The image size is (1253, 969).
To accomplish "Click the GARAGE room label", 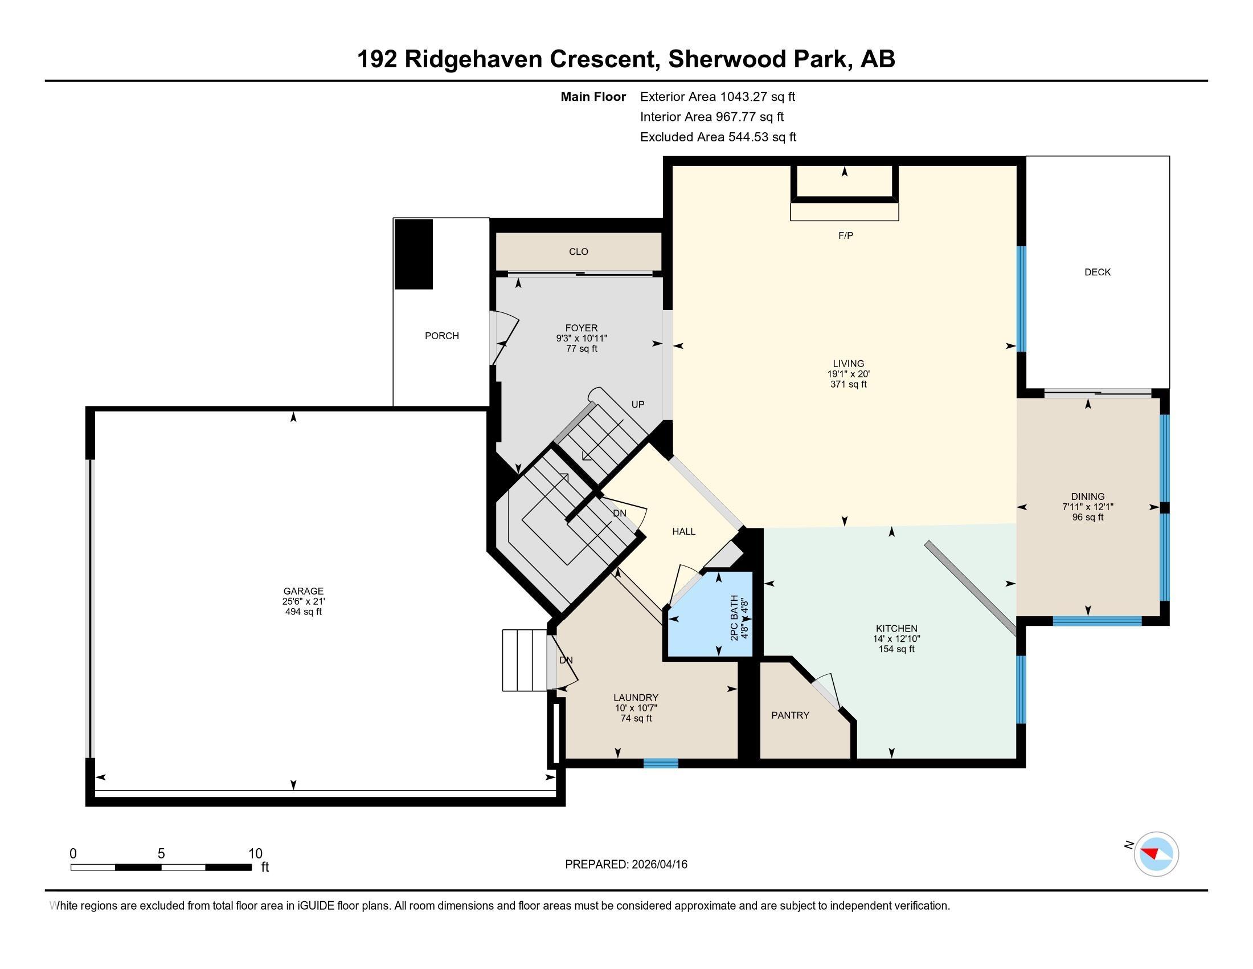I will [303, 591].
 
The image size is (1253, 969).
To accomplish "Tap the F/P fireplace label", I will [845, 235].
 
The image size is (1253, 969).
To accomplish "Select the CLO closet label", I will [578, 251].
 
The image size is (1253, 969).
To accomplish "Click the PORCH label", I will [441, 336].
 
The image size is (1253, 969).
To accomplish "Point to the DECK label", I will [1097, 272].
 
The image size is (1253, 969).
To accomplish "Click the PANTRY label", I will [790, 715].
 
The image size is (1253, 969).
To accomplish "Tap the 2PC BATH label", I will [734, 618].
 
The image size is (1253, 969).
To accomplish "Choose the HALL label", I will [683, 532].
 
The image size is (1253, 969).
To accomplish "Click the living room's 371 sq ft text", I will [848, 384].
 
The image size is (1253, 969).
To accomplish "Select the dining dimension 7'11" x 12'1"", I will [1087, 507].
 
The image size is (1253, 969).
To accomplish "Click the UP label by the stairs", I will [637, 404].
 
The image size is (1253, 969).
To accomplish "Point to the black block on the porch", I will [413, 254].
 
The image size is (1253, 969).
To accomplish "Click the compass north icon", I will [1156, 854].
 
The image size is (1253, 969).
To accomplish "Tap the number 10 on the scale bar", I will [255, 854].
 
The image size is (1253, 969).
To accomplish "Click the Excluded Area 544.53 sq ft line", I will [718, 137].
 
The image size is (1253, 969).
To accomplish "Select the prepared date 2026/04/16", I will [658, 865].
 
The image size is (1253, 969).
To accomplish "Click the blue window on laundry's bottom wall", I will [660, 763].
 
